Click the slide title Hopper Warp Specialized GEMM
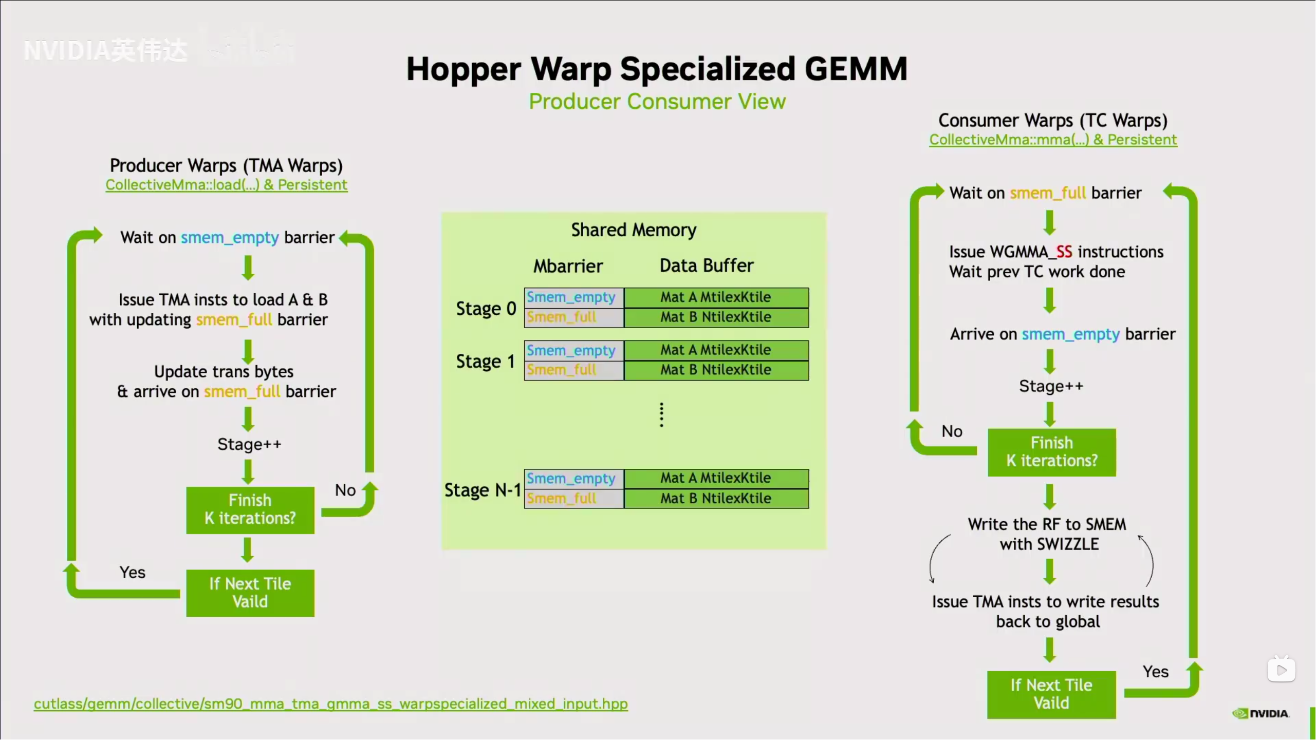(x=657, y=69)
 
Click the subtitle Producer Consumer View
(x=657, y=102)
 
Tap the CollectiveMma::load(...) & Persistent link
(x=226, y=185)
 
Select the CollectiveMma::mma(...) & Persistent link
(x=1053, y=140)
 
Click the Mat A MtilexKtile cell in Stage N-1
(x=716, y=478)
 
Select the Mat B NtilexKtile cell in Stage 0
(x=716, y=317)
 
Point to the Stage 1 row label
(x=485, y=362)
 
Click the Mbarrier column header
(x=568, y=266)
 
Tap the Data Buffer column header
(x=707, y=265)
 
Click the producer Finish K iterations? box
(x=250, y=509)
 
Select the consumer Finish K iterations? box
(x=1051, y=452)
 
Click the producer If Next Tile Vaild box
(x=250, y=593)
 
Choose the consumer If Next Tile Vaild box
(x=1051, y=694)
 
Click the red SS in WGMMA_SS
(x=1064, y=252)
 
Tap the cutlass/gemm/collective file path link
(x=330, y=704)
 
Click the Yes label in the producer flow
(x=133, y=572)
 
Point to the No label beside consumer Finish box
(x=952, y=431)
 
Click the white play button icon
(x=1281, y=670)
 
